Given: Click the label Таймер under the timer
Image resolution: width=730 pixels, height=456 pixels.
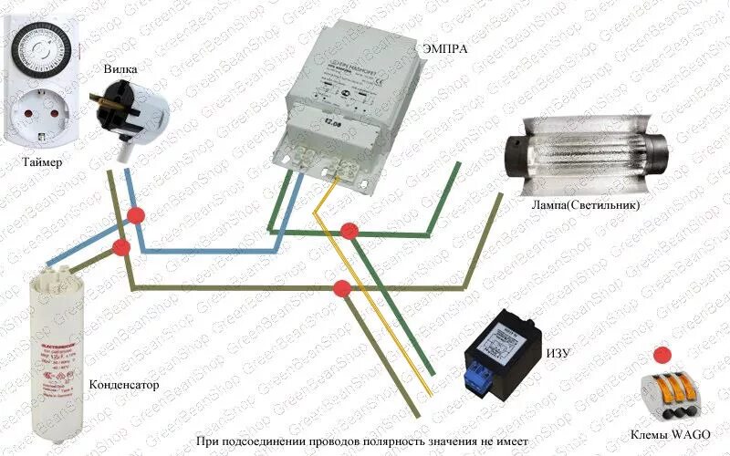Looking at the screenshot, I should click(x=38, y=164).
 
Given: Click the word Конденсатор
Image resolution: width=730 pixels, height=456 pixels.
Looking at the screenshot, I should click(x=124, y=385).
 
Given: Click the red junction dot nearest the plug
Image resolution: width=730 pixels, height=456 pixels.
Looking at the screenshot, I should click(x=137, y=215).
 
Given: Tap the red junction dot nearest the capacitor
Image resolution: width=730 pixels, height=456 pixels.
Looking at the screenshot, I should click(x=121, y=248).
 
